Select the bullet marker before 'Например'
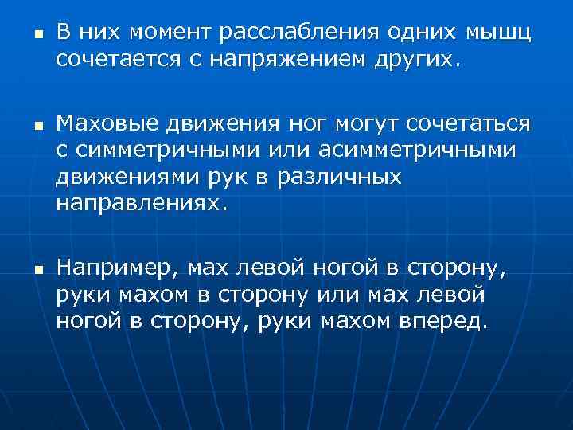coord(25,272)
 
